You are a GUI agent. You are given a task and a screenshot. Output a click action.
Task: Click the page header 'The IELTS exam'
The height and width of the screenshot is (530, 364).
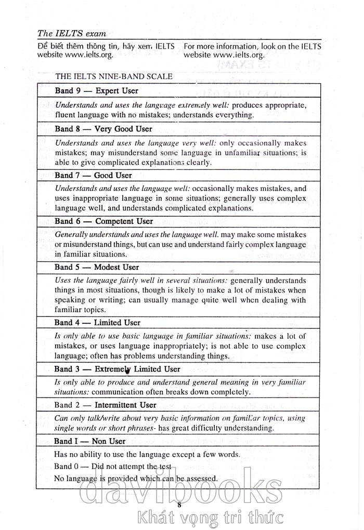[x=72, y=33]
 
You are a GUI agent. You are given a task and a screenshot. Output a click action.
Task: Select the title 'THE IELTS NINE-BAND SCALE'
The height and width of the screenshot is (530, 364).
[x=114, y=76]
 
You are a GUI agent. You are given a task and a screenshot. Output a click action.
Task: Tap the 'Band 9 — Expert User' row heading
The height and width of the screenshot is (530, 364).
[x=97, y=90]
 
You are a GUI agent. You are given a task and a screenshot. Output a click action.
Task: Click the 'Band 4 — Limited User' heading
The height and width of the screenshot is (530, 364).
[x=98, y=322]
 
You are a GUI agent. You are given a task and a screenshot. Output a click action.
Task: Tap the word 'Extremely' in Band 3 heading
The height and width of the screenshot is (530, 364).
[x=112, y=369]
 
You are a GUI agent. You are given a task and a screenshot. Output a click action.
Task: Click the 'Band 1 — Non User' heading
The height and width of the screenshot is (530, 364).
[x=90, y=441]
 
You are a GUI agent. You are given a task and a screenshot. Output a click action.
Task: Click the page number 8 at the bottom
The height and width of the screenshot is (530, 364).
[x=179, y=505]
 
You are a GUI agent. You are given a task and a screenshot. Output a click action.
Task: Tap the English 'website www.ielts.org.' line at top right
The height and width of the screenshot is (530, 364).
[x=224, y=54]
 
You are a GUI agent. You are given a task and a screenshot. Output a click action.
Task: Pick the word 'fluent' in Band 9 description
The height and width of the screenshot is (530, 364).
[x=66, y=114]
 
